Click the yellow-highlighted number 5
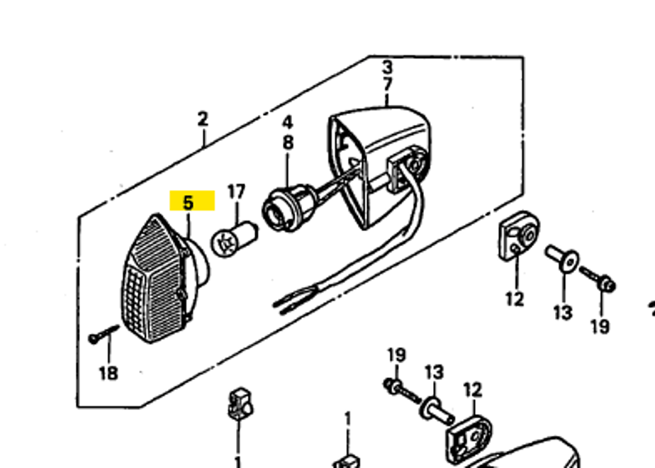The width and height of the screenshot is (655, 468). tap(189, 203)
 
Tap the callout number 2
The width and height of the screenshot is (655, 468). tap(203, 119)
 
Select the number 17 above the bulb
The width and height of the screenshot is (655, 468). tap(236, 191)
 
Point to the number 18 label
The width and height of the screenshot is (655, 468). tap(108, 373)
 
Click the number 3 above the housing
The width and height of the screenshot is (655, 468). tap(388, 67)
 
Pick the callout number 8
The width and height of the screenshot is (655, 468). tap(289, 143)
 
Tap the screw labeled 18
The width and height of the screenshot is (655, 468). tap(103, 334)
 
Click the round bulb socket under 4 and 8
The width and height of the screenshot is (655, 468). tap(289, 208)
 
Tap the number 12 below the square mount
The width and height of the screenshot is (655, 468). tap(515, 300)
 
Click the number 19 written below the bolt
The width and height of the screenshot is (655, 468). tap(600, 326)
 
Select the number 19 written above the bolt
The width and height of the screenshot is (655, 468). tap(397, 355)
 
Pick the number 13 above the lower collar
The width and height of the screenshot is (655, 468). tap(435, 372)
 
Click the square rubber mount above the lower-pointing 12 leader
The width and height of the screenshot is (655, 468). tap(519, 236)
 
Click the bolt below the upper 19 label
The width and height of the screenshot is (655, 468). tap(401, 390)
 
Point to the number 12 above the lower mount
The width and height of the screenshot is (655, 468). tap(473, 390)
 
